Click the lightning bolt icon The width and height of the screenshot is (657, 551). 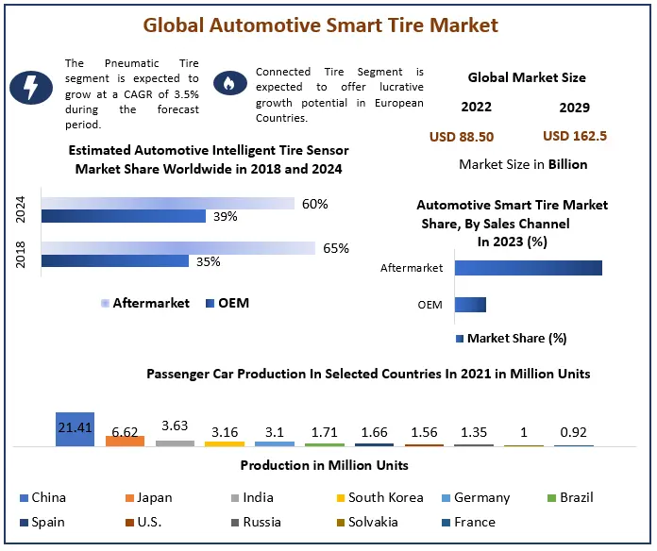[x=31, y=87]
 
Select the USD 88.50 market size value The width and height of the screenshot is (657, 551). [x=462, y=136]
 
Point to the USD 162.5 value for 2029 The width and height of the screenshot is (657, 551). [x=575, y=136]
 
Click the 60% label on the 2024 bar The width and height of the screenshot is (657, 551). [x=314, y=204]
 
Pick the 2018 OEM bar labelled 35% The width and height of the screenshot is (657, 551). [x=114, y=261]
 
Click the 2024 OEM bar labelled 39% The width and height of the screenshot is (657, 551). [x=123, y=216]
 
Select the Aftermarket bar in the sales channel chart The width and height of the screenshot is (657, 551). [x=528, y=268]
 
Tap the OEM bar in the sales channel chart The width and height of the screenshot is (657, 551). [x=470, y=305]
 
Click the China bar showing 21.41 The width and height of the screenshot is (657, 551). [x=75, y=429]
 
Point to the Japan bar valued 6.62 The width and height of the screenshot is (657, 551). [x=125, y=440]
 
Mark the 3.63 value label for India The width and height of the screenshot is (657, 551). [x=175, y=426]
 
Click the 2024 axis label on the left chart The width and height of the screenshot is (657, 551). [x=22, y=209]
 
